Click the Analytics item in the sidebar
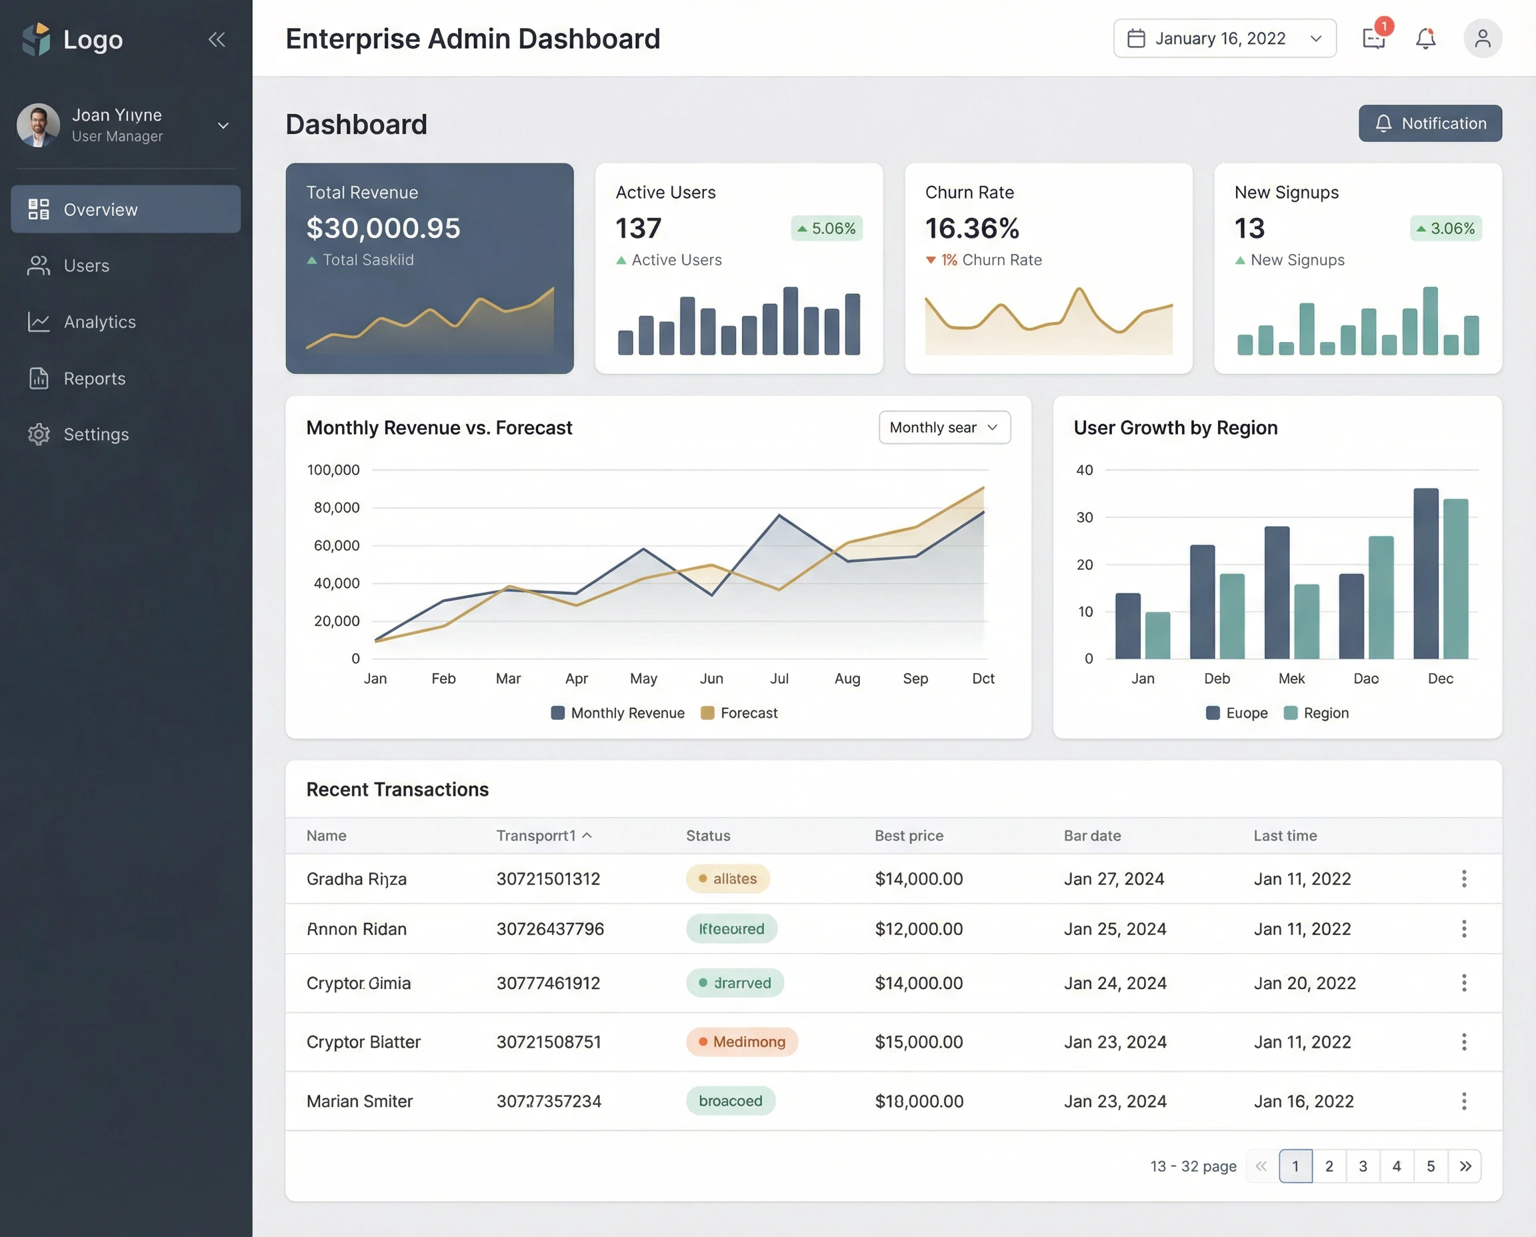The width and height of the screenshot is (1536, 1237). pyautogui.click(x=99, y=322)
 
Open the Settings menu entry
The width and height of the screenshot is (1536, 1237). pyautogui.click(x=95, y=435)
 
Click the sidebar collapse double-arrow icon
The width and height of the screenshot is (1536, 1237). pyautogui.click(x=217, y=39)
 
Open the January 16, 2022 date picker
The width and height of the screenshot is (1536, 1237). pyautogui.click(x=1224, y=39)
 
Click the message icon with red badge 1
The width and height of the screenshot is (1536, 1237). pyautogui.click(x=1373, y=39)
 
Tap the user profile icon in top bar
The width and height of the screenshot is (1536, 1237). pyautogui.click(x=1482, y=39)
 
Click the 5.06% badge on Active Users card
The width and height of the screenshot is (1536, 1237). pyautogui.click(x=826, y=229)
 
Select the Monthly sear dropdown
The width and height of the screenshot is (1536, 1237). pyautogui.click(x=944, y=427)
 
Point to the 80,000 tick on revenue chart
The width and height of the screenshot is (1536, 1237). pyautogui.click(x=337, y=508)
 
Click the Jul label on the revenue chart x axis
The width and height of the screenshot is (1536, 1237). pyautogui.click(x=779, y=678)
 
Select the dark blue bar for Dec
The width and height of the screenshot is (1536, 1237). pyautogui.click(x=1425, y=574)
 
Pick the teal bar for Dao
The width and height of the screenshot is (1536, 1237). pyautogui.click(x=1380, y=597)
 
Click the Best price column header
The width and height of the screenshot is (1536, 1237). pyautogui.click(x=908, y=836)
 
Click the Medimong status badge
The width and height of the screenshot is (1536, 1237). pyautogui.click(x=741, y=1042)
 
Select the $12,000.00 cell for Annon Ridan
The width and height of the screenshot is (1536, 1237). pyautogui.click(x=918, y=929)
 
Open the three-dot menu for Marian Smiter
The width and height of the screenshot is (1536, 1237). pyautogui.click(x=1463, y=1101)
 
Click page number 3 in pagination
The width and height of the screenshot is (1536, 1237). pyautogui.click(x=1362, y=1166)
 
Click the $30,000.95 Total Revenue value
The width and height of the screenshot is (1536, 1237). pyautogui.click(x=383, y=229)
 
